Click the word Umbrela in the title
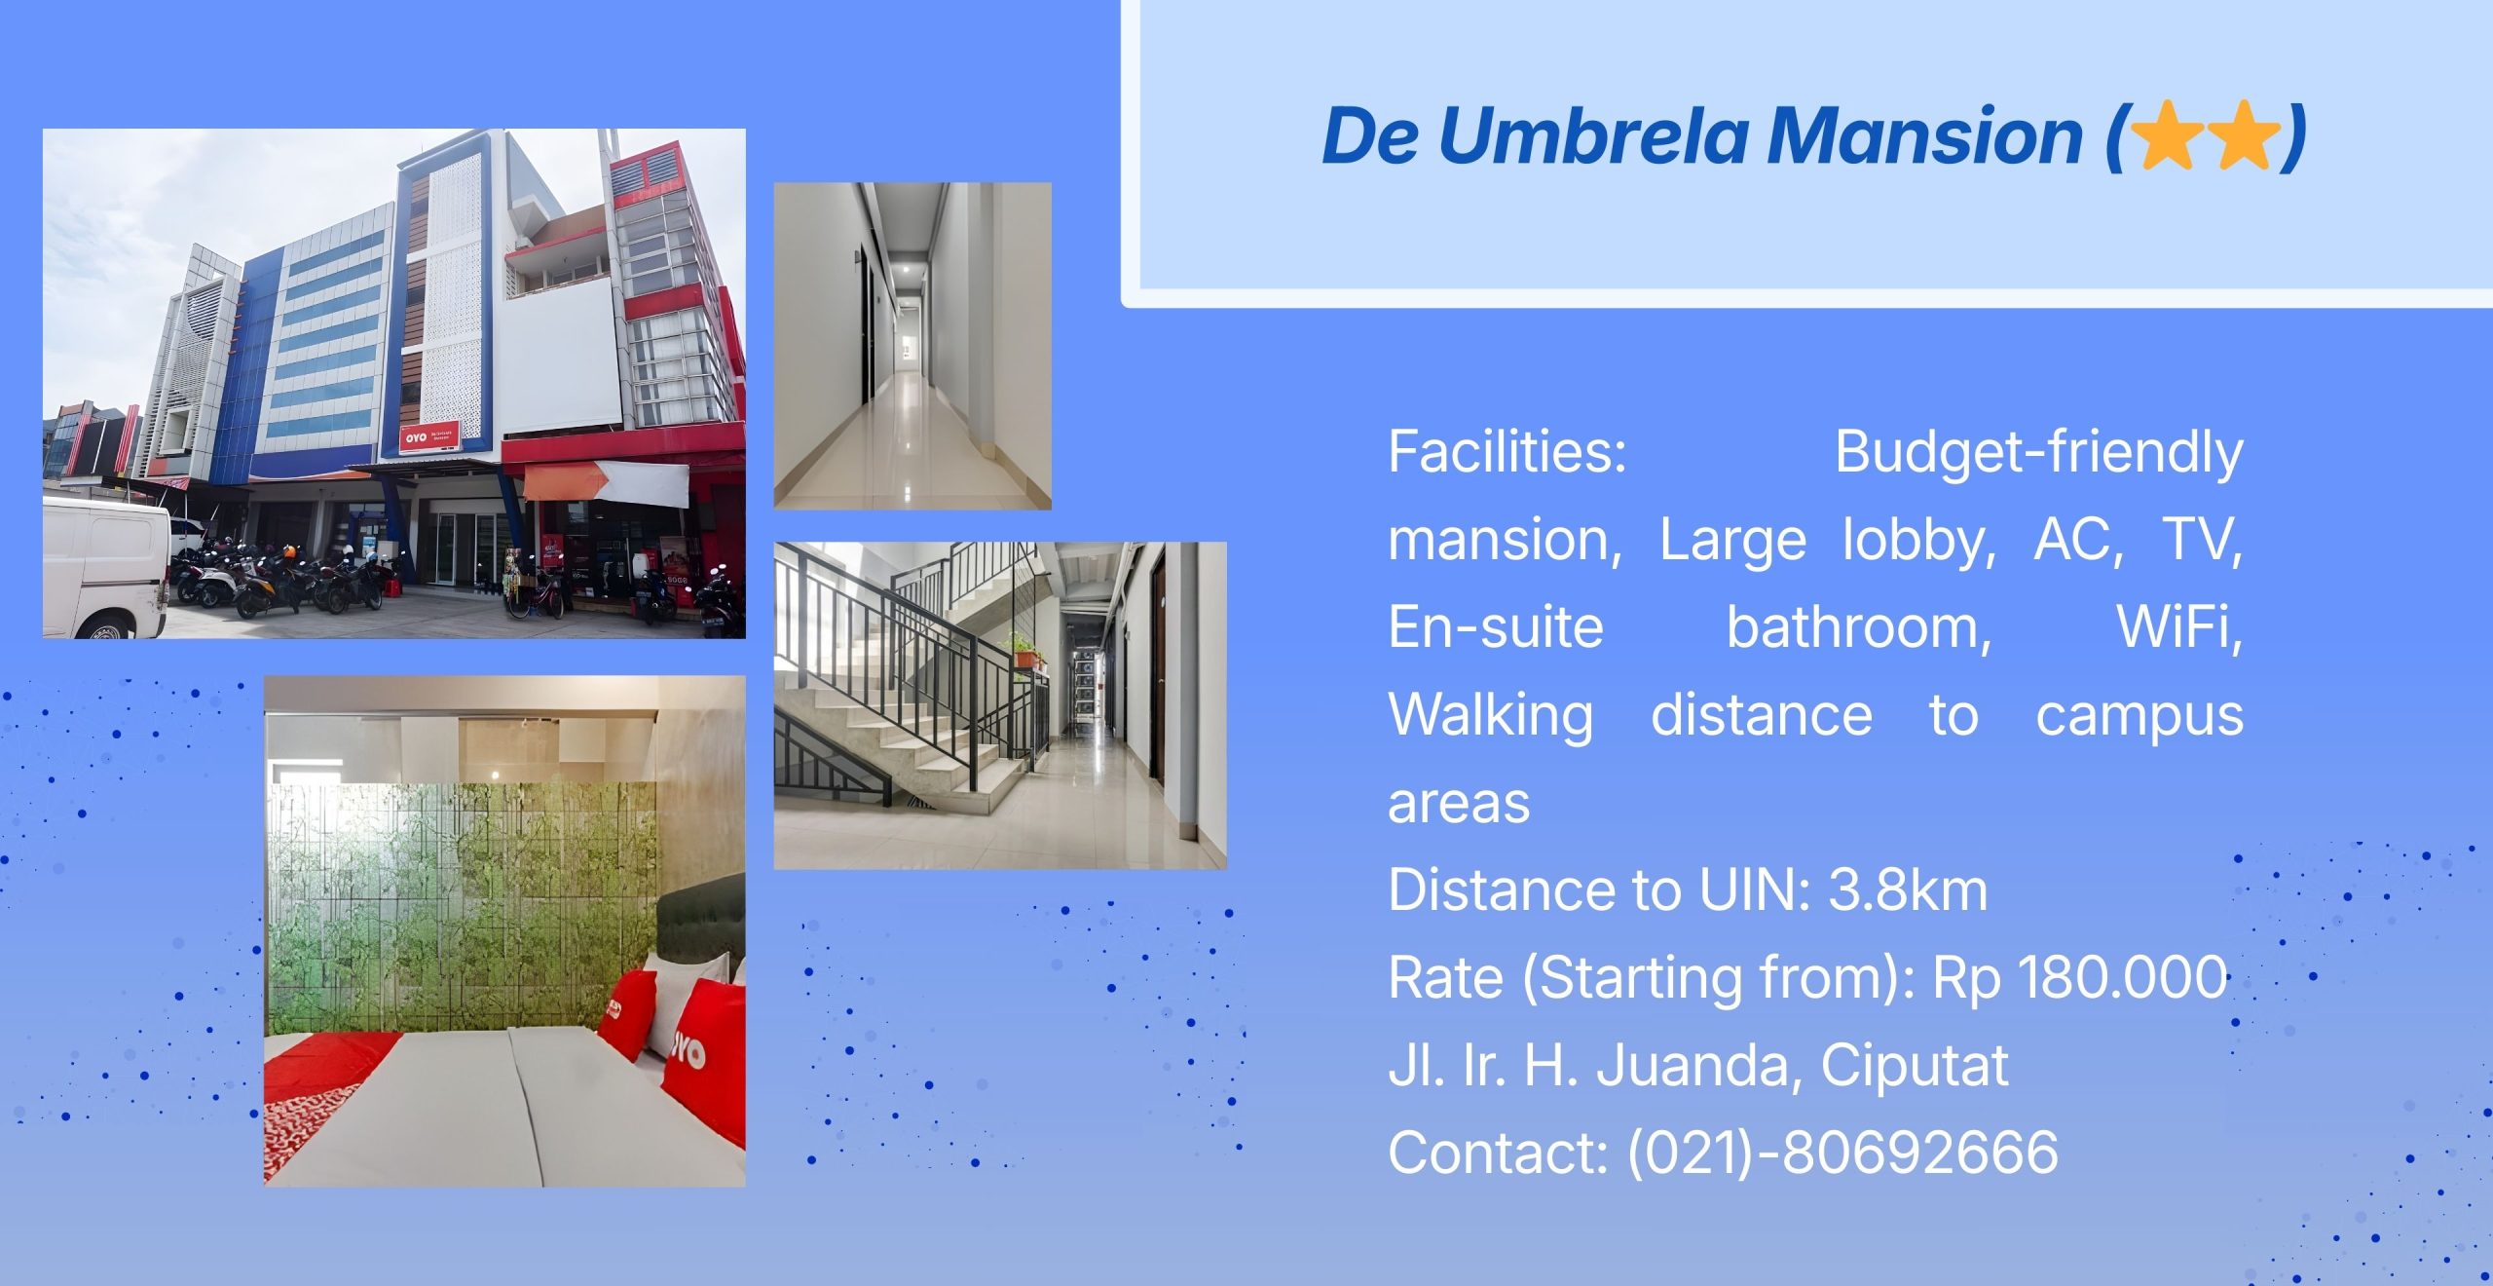[1593, 135]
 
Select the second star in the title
[2244, 135]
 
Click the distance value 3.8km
[1908, 889]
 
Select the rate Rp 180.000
[2080, 977]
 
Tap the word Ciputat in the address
[1914, 1066]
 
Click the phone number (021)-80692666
[1842, 1153]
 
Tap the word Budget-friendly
[2039, 453]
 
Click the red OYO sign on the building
[429, 437]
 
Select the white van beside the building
[105, 567]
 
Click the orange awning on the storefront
[564, 480]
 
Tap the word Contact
[1498, 1153]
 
